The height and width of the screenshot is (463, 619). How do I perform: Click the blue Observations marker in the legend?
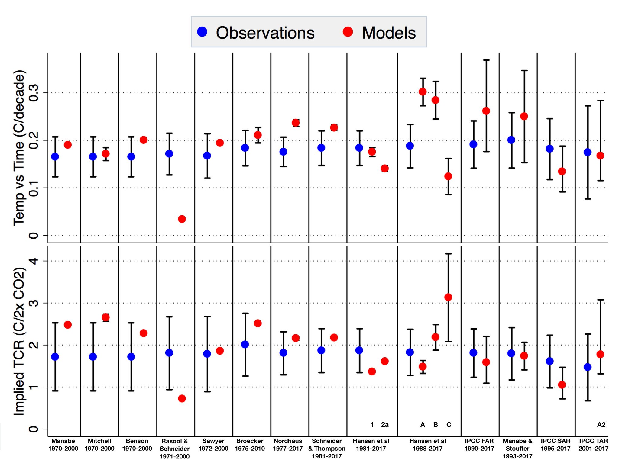coord(202,32)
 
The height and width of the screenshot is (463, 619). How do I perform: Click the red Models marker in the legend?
coord(348,32)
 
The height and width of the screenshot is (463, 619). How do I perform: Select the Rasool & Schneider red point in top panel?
coord(182,219)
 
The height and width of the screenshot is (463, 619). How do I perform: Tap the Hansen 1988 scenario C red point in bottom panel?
coord(448,297)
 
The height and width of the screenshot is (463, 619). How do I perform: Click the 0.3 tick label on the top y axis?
coord(34,93)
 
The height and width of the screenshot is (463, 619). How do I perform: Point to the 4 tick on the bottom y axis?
coord(34,261)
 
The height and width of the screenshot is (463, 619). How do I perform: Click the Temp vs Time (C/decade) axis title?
coord(19,148)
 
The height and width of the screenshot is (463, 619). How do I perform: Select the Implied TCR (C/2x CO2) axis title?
coord(19,341)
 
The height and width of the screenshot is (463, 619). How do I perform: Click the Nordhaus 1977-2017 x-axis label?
coord(288,445)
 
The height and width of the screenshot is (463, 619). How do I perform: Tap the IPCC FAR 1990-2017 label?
coord(479,445)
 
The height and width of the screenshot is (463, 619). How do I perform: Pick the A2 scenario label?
coord(601,425)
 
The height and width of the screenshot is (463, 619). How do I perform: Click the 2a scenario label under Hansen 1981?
coord(385,425)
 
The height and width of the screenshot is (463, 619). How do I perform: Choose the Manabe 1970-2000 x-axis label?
coord(63,445)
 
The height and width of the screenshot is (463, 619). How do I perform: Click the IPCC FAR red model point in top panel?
coord(486,111)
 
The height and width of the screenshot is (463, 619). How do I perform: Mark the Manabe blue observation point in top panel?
coord(55,157)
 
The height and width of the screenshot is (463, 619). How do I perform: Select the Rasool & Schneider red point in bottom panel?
coord(182,399)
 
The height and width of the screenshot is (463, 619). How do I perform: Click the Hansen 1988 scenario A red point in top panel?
coord(423,92)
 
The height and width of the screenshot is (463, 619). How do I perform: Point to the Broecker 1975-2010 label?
coord(250,445)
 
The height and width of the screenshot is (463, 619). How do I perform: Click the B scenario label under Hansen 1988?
coord(436,425)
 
